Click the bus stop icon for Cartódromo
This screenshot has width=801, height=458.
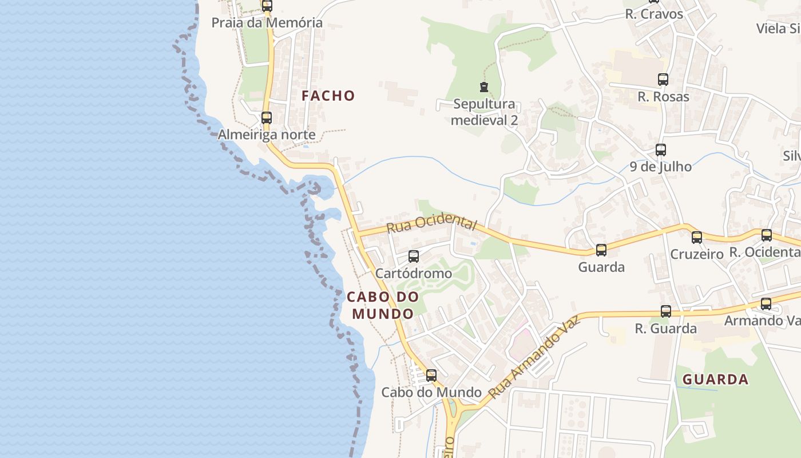[x=414, y=256]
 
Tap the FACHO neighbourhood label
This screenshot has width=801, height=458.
[x=328, y=96]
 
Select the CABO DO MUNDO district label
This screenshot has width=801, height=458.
[x=382, y=305]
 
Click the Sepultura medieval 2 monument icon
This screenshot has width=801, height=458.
[x=484, y=88]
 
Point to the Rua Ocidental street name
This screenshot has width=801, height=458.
[x=431, y=223]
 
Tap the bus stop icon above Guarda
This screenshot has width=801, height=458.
[x=601, y=250]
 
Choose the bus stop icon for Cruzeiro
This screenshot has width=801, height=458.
[x=697, y=238]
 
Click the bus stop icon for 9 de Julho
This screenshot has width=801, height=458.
[x=661, y=151]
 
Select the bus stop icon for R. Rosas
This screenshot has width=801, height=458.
[x=663, y=80]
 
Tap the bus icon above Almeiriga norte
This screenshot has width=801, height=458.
[x=267, y=118]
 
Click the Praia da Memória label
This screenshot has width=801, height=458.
[x=267, y=23]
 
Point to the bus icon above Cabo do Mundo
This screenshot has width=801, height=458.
[x=431, y=376]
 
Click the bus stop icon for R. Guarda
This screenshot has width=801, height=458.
[x=666, y=311]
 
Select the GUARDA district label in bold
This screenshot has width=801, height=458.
[x=715, y=379]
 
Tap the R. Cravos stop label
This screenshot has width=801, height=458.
[x=654, y=14]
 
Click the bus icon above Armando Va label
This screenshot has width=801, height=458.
[x=766, y=304]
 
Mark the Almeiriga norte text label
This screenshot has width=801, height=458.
[x=267, y=135]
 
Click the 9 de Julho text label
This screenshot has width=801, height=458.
[x=661, y=167]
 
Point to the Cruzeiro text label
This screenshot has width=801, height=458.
[x=697, y=254]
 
